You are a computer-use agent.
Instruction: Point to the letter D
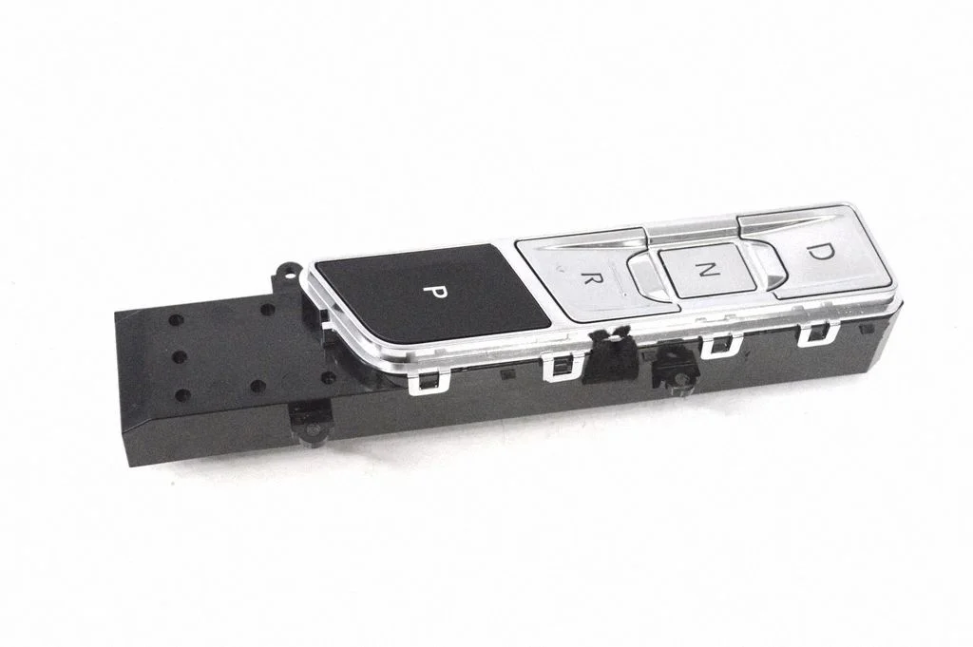[822, 251]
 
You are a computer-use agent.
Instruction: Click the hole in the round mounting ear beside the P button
[287, 271]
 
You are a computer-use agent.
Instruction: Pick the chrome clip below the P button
[427, 381]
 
